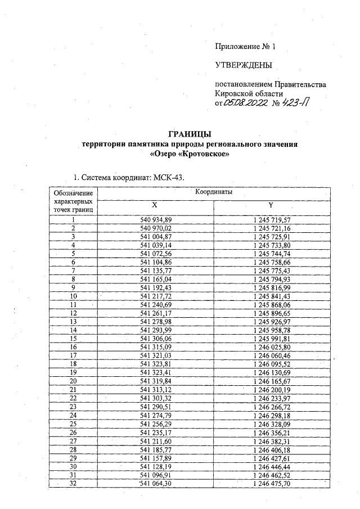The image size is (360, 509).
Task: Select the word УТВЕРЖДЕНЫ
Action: pos(244,65)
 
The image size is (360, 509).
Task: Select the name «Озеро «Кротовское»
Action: pos(190,154)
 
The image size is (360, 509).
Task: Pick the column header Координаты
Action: pos(213,192)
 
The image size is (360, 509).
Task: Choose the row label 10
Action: pos(73,296)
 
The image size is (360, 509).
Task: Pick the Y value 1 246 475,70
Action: pos(272,483)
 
